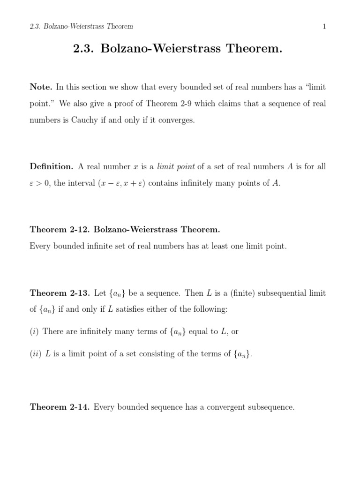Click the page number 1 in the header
click(x=324, y=27)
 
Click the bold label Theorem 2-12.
click(x=60, y=229)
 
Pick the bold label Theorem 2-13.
click(x=60, y=293)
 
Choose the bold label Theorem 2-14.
click(x=60, y=407)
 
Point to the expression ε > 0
click(x=40, y=183)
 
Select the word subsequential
click(x=277, y=293)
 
